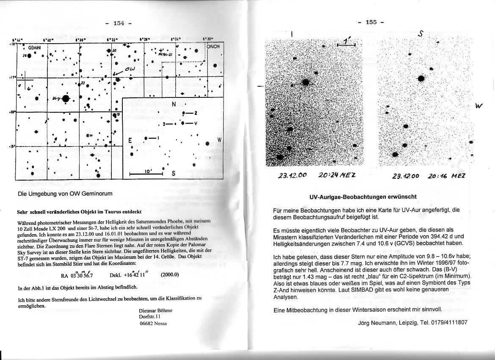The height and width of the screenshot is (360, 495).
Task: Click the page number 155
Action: pyautogui.click(x=371, y=22)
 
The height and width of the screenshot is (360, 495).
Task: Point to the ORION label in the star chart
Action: pyautogui.click(x=213, y=47)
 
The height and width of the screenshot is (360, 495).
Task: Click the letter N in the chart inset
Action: pyautogui.click(x=173, y=105)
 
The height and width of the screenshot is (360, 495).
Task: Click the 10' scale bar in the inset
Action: pyautogui.click(x=146, y=173)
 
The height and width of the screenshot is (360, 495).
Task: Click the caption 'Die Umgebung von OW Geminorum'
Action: pyautogui.click(x=65, y=194)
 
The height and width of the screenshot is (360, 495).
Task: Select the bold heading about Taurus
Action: pyautogui.click(x=79, y=211)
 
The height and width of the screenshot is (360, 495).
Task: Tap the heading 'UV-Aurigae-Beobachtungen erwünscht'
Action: pyautogui.click(x=363, y=197)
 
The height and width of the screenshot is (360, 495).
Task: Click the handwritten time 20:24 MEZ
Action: pyautogui.click(x=337, y=175)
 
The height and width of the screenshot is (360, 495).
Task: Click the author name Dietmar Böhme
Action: pyautogui.click(x=155, y=310)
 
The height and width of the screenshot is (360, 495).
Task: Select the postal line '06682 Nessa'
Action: pyautogui.click(x=153, y=323)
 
